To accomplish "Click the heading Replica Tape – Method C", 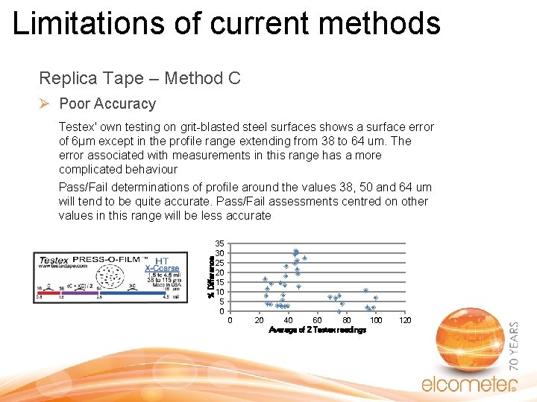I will pos(139,78).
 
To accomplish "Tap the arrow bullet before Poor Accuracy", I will pos(45,103).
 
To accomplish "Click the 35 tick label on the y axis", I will pos(219,243).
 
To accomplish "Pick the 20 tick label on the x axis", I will pos(259,320).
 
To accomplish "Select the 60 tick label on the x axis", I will pos(317,320).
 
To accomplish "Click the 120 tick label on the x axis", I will pos(405,320).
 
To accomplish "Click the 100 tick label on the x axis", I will pos(376,320).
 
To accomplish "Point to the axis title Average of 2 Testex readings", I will pos(317,330).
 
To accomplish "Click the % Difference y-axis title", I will pos(211,276).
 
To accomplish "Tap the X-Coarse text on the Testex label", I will pos(162,269).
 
